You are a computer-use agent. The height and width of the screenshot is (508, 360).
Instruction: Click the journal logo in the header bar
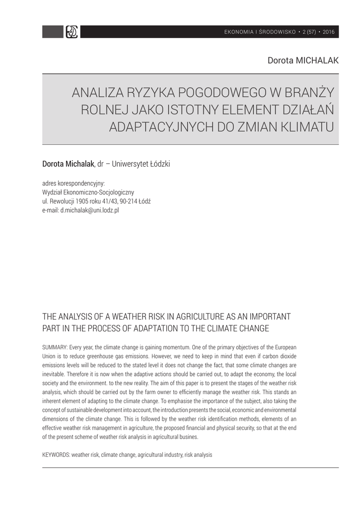[x=72, y=32]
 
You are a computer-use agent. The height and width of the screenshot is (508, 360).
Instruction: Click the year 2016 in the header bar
[x=329, y=32]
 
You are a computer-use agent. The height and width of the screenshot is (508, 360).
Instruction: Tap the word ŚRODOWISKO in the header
[x=276, y=32]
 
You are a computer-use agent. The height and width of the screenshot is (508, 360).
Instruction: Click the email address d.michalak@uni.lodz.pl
[x=89, y=210]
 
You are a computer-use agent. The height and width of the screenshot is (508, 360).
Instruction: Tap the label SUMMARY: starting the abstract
[x=57, y=347]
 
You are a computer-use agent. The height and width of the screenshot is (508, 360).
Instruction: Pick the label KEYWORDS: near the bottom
[x=56, y=454]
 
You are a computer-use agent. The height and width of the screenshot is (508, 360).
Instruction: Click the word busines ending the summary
[x=185, y=437]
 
